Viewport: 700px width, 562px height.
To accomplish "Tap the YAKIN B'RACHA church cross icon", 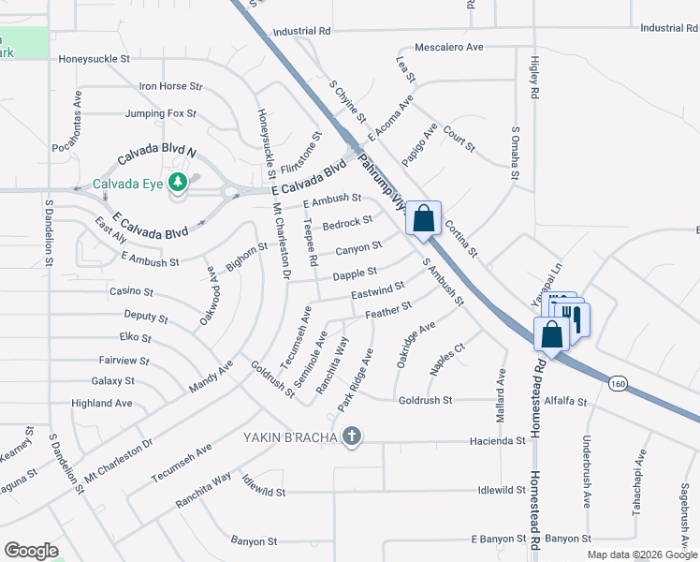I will tap(352, 436).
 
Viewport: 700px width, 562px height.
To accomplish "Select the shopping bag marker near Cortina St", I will tap(424, 219).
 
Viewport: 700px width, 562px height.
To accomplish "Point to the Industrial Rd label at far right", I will tap(669, 28).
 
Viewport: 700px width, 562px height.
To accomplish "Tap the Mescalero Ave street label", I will tap(449, 46).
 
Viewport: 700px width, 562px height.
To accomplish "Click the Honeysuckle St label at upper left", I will tap(94, 58).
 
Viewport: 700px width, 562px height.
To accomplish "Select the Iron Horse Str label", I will tap(170, 86).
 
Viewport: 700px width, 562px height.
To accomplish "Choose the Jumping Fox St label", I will tap(161, 114).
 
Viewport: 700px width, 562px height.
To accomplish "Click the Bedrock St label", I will tap(347, 223).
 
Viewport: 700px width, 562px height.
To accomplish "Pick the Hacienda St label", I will tap(500, 440).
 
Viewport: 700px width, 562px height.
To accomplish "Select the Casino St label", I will tap(131, 291).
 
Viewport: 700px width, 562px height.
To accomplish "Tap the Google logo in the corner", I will tap(31, 551).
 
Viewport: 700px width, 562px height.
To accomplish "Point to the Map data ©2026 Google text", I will tap(641, 555).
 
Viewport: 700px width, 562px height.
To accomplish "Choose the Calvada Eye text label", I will tap(128, 183).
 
